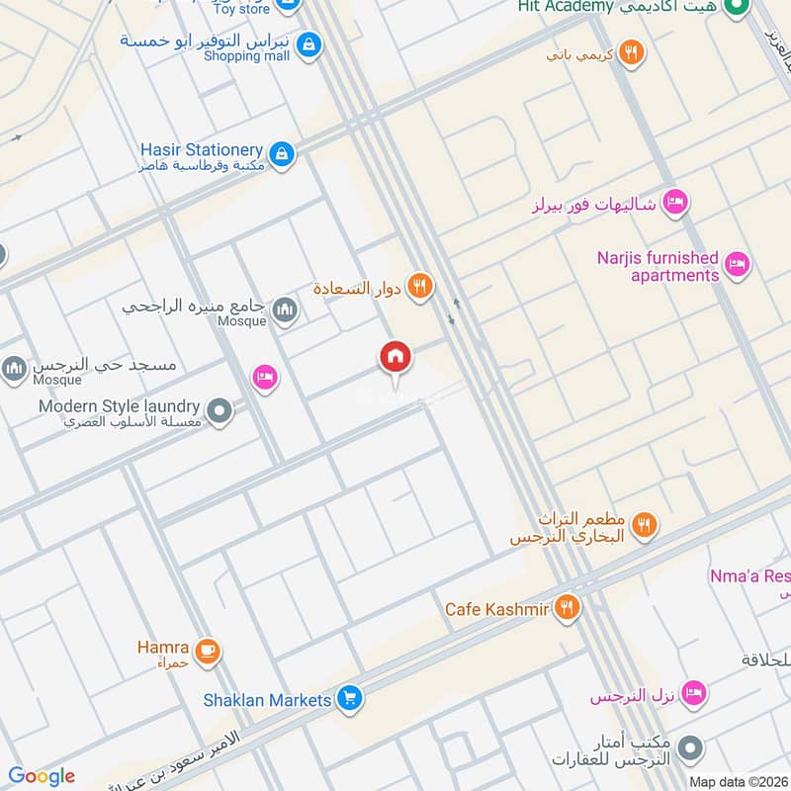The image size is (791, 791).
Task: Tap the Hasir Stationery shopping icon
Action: (x=283, y=153)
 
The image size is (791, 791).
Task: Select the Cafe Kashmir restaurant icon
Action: (x=567, y=607)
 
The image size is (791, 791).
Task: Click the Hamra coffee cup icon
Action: (x=207, y=651)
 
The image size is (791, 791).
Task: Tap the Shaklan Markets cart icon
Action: (x=348, y=699)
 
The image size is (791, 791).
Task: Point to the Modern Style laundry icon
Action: (x=220, y=410)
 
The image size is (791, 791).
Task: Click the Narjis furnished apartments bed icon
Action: (x=736, y=264)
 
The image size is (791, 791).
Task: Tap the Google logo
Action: (x=42, y=776)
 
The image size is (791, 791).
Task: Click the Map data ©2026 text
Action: (x=737, y=781)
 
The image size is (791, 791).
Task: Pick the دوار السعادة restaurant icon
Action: (x=420, y=288)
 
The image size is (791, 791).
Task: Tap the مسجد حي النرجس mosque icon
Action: (x=14, y=370)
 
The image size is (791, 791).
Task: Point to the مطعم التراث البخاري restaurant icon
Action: (x=644, y=526)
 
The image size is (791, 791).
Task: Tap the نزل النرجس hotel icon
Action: (x=694, y=693)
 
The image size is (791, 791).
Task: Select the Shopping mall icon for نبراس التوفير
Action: (x=308, y=44)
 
